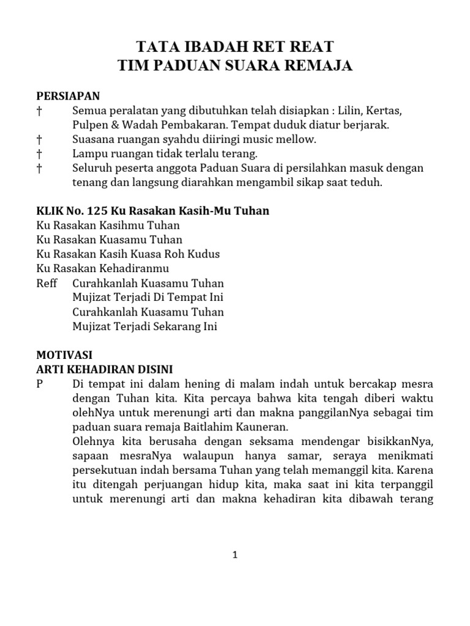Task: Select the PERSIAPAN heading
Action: pyautogui.click(x=68, y=96)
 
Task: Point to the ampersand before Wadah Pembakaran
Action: pyautogui.click(x=111, y=125)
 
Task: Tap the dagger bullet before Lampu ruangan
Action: pyautogui.click(x=40, y=153)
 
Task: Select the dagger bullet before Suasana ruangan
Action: pyautogui.click(x=40, y=139)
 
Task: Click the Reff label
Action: pyautogui.click(x=47, y=283)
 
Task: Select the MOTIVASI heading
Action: pyautogui.click(x=64, y=355)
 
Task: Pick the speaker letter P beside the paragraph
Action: pyautogui.click(x=40, y=384)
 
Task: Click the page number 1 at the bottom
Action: pyautogui.click(x=235, y=555)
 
